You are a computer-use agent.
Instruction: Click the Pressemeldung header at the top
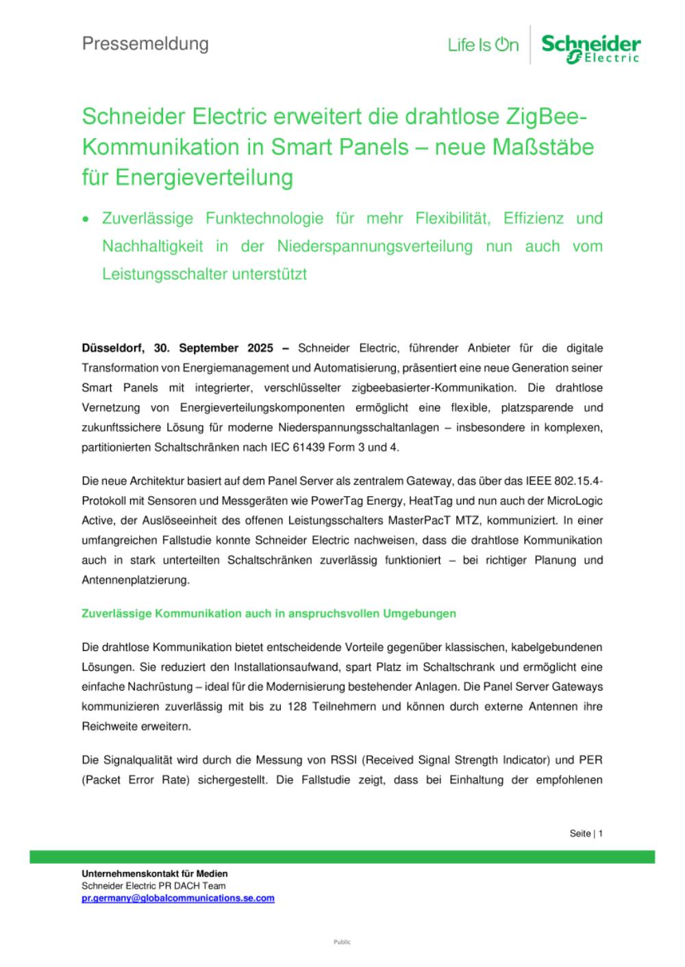coord(145,44)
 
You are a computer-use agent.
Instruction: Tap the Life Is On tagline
coord(483,45)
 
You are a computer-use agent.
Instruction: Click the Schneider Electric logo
coord(590,49)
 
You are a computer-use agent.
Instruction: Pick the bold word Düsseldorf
coord(113,348)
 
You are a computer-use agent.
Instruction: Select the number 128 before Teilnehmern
coord(288,706)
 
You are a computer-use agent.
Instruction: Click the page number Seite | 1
coord(586,834)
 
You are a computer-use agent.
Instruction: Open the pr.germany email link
coord(177,898)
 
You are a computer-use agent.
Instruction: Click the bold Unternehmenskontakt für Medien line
coord(154,874)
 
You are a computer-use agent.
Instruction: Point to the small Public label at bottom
coord(342,942)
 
